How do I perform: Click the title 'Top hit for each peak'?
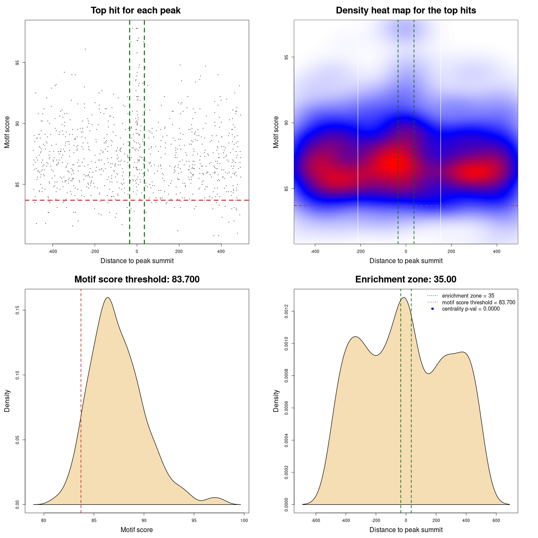pos(135,11)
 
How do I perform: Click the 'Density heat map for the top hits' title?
pos(406,11)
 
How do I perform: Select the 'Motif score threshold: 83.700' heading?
pos(137,280)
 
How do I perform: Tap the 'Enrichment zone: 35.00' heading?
pos(406,280)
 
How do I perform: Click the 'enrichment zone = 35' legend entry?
pos(468,296)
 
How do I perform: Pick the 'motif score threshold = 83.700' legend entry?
pos(478,303)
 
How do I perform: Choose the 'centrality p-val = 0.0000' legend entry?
pos(471,309)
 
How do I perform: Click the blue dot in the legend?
pos(433,309)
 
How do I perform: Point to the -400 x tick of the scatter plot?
pos(53,252)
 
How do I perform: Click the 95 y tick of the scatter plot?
pos(17,63)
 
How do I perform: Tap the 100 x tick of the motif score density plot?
pos(244,520)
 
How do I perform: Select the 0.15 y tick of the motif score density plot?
pos(17,310)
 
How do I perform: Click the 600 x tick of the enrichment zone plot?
pos(496,520)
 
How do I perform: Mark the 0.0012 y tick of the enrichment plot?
pos(286,311)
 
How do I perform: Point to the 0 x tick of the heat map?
pos(406,252)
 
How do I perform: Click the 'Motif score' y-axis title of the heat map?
pos(276,132)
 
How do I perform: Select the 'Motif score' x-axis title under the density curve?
pos(137,530)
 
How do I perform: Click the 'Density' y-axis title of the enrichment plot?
pos(276,401)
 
